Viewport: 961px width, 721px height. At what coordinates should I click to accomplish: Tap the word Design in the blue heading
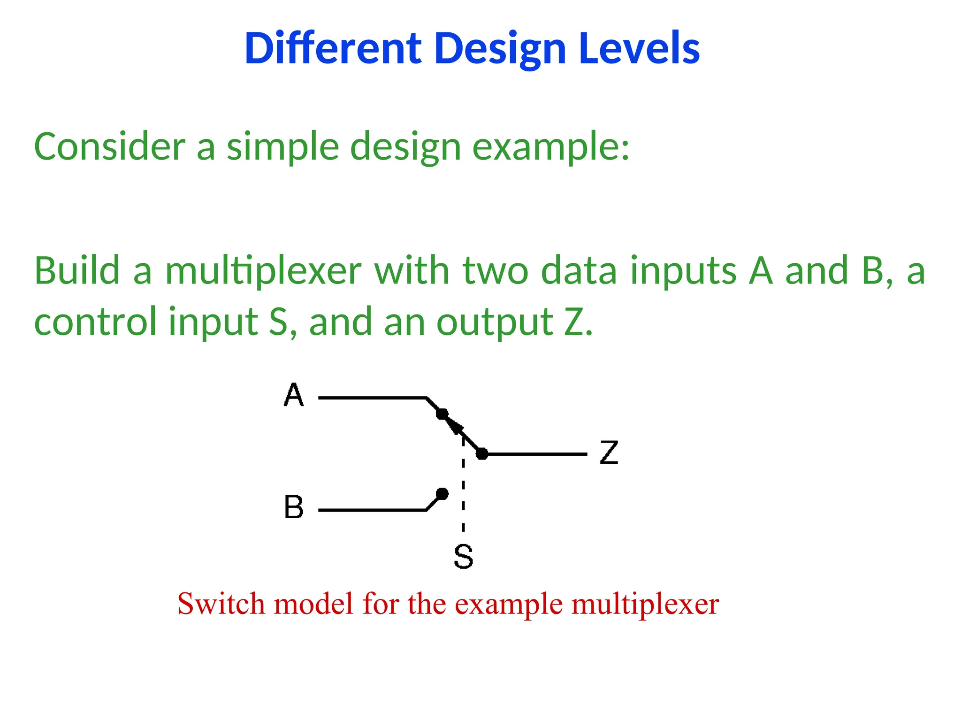[500, 49]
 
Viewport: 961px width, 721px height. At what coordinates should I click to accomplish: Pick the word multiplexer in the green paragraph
[263, 271]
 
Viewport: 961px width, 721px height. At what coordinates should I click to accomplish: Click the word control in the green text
[95, 322]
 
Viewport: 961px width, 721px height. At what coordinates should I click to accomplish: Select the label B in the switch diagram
[294, 507]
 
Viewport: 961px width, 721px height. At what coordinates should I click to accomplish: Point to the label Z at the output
[609, 453]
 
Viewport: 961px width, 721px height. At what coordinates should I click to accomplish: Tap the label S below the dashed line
[463, 557]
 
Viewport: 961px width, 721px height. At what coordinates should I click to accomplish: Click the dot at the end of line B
[442, 494]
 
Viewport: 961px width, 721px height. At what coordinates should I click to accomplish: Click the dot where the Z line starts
[482, 454]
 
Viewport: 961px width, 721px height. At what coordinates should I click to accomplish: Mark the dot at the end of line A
[442, 414]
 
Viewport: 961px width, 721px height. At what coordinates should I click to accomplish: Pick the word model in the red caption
[313, 604]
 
